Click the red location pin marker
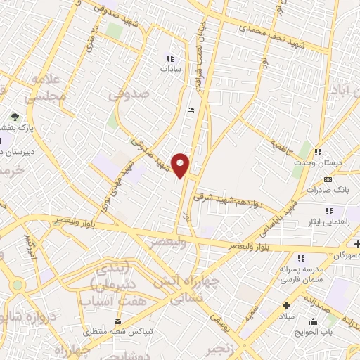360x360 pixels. click(181, 164)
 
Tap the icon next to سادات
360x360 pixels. click(169, 58)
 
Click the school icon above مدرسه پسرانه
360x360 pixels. click(301, 258)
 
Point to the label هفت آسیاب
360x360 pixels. click(110, 301)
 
